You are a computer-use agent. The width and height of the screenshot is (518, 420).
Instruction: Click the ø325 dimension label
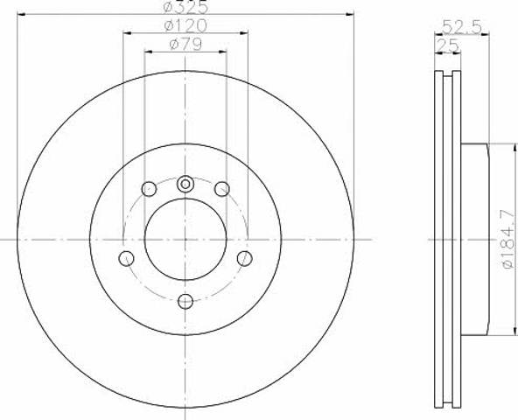pyautogui.click(x=186, y=7)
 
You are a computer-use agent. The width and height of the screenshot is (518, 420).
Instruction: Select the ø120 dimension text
pyautogui.click(x=185, y=25)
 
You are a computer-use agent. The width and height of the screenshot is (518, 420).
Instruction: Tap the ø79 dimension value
pyautogui.click(x=185, y=45)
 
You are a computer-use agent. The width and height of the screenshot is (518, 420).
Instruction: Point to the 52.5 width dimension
pyautogui.click(x=461, y=26)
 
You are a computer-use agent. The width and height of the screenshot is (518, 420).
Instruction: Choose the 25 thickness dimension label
pyautogui.click(x=447, y=45)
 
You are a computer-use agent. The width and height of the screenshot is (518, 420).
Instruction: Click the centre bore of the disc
pyautogui.click(x=185, y=239)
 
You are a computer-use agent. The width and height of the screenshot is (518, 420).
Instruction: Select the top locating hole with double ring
pyautogui.click(x=185, y=184)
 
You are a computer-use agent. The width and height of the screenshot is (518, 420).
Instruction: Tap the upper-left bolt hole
pyautogui.click(x=149, y=189)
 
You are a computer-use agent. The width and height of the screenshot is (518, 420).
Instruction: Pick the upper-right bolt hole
pyautogui.click(x=222, y=189)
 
